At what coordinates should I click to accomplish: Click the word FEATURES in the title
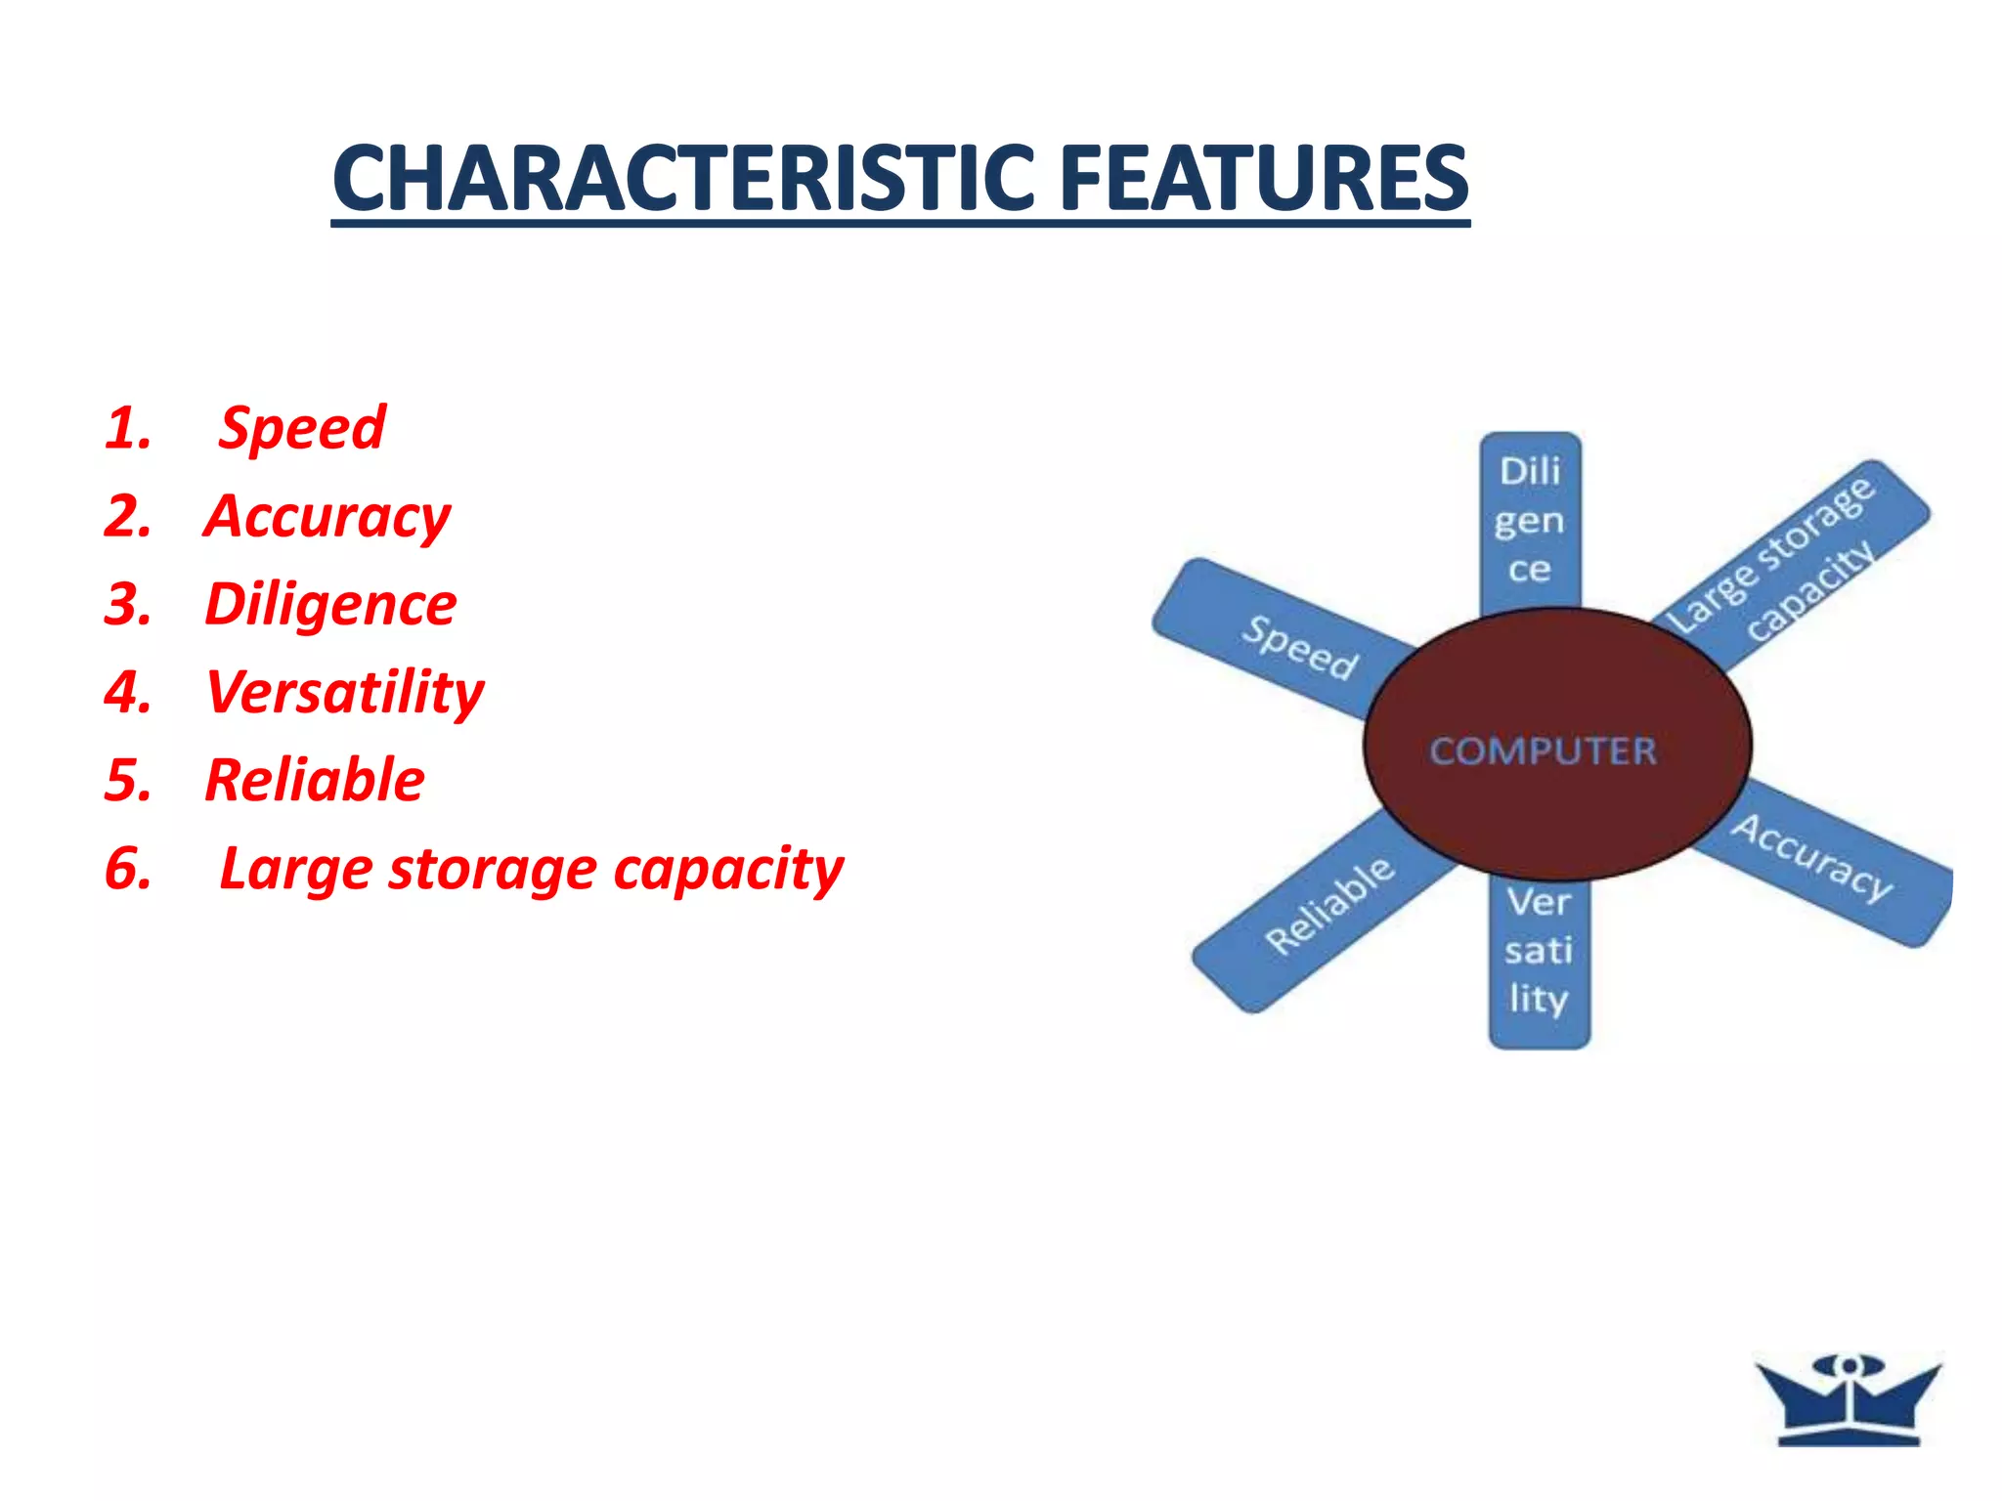pos(1264,179)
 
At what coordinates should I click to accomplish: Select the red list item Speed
pos(301,428)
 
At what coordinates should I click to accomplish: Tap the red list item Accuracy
pos(327,516)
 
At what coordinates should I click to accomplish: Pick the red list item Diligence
pos(330,604)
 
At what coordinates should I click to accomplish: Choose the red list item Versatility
pos(344,692)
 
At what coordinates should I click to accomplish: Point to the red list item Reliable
pos(315,780)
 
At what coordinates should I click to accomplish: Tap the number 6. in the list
pos(128,869)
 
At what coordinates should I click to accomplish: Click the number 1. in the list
pos(128,428)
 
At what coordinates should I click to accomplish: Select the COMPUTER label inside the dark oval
pos(1544,750)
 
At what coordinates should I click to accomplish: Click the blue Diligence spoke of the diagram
pos(1530,520)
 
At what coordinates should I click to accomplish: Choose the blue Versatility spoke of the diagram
pos(1539,951)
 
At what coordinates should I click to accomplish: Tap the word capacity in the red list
pos(727,869)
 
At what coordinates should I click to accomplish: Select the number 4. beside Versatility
pos(128,692)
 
